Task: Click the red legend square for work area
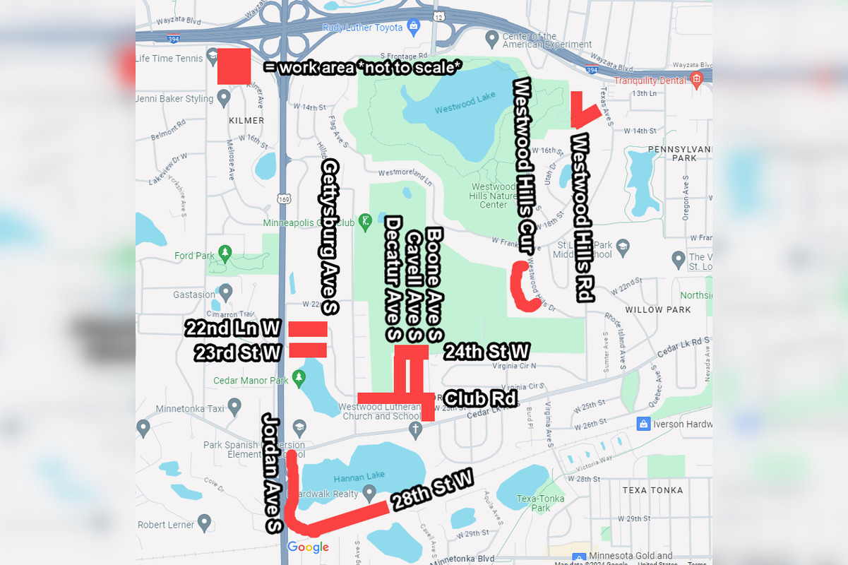pyautogui.click(x=234, y=66)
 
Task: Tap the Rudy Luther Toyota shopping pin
pyautogui.click(x=414, y=27)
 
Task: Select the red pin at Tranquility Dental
pyautogui.click(x=697, y=78)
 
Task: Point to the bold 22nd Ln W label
pyautogui.click(x=233, y=328)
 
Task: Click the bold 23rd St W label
pyautogui.click(x=238, y=352)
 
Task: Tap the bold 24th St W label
pyautogui.click(x=486, y=351)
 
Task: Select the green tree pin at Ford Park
pyautogui.click(x=225, y=251)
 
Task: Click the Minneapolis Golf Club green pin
pyautogui.click(x=365, y=222)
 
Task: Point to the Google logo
pyautogui.click(x=308, y=547)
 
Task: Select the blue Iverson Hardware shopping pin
pyautogui.click(x=643, y=423)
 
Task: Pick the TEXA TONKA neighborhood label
pyautogui.click(x=652, y=489)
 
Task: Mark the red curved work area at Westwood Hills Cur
pyautogui.click(x=523, y=288)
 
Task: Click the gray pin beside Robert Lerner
pyautogui.click(x=205, y=523)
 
